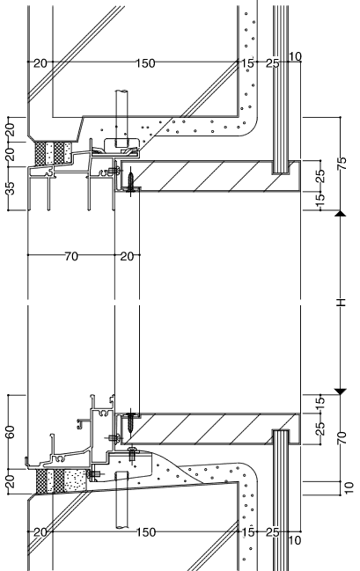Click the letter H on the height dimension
(342, 303)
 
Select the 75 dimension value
(342, 164)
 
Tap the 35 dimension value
(11, 188)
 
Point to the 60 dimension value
(11, 432)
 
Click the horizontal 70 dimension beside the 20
(71, 257)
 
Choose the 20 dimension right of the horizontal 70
(127, 257)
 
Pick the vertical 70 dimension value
(342, 437)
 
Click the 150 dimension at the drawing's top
(146, 63)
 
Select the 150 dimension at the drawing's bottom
(146, 532)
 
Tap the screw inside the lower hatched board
(131, 421)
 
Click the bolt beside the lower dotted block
(94, 473)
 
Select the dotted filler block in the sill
(76, 480)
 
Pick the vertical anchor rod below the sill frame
(122, 500)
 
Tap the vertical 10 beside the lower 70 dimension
(349, 488)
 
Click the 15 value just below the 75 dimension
(320, 198)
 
